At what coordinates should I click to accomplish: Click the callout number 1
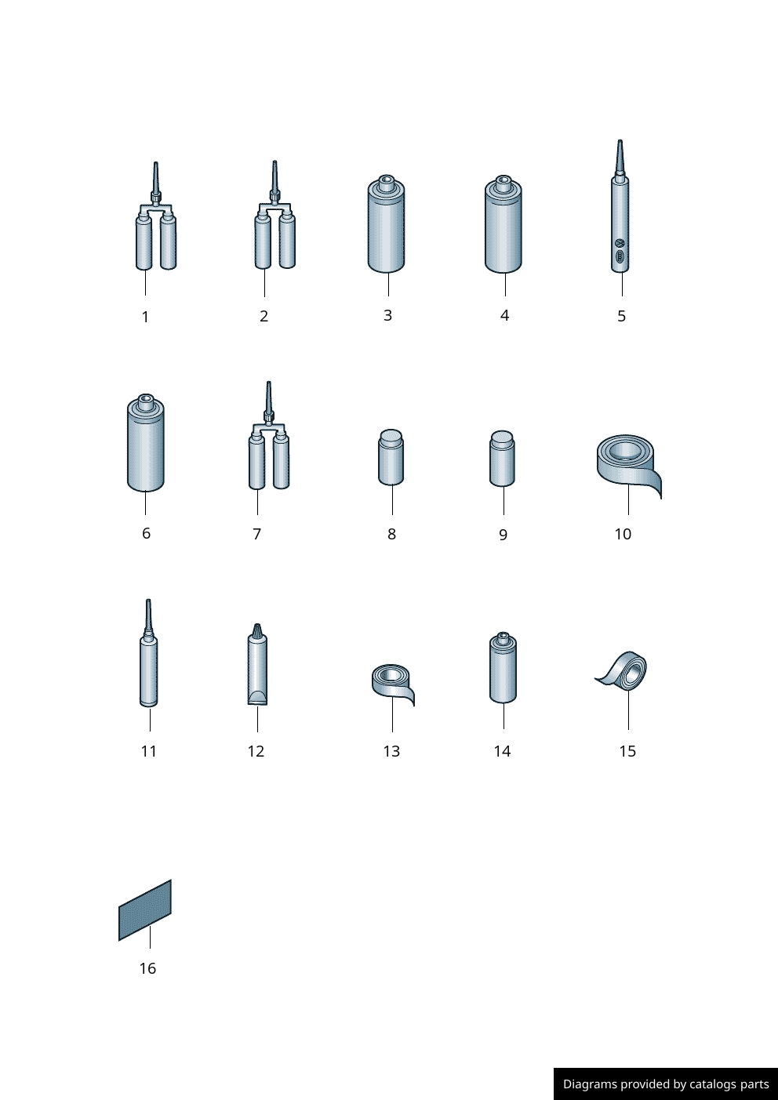pos(145,318)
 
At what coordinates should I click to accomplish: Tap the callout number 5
pos(621,316)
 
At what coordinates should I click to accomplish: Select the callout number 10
pos(623,534)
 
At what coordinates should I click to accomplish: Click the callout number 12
pos(256,751)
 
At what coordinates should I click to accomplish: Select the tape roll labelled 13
pos(392,684)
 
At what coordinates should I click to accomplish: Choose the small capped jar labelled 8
pos(391,457)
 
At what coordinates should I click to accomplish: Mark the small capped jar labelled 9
pos(502,459)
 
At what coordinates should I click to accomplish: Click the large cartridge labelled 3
pos(387,223)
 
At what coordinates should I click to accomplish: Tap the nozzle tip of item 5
pos(620,141)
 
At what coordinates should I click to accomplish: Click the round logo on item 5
pos(620,243)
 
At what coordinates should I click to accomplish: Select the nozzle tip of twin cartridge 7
pos(269,383)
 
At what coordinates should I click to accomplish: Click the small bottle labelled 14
pos(503,667)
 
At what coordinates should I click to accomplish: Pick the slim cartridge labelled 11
pos(149,653)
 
